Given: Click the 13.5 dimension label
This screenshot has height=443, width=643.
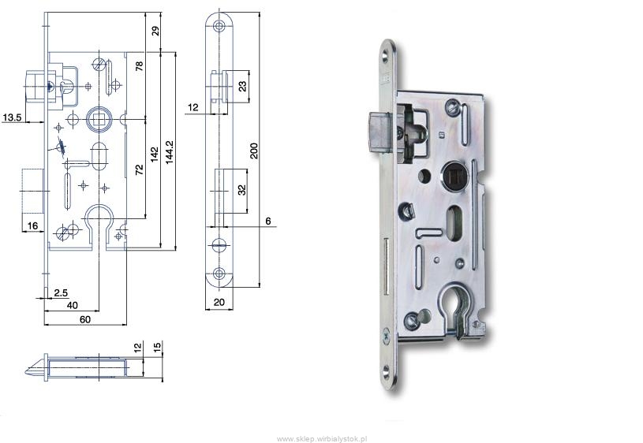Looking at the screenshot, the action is [x=12, y=117].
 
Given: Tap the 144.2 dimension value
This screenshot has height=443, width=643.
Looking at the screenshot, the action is [x=170, y=152].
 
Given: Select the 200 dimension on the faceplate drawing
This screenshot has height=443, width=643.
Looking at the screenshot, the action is [x=254, y=151].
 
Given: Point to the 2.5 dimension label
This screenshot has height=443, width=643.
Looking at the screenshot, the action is [x=61, y=292].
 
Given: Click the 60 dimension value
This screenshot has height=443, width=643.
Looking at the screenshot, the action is [x=85, y=319].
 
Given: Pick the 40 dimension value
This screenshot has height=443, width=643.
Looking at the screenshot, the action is [x=72, y=305].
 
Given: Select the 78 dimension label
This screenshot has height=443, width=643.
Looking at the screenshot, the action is [x=140, y=66].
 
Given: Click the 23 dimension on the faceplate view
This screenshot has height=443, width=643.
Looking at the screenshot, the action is [x=243, y=86].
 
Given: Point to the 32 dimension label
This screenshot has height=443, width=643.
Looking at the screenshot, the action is [x=242, y=190].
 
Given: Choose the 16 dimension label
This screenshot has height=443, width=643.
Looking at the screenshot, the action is [x=32, y=225].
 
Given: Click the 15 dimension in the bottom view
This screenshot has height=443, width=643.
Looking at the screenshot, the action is [x=157, y=348].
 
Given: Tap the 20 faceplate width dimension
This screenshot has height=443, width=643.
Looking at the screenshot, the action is [x=219, y=302].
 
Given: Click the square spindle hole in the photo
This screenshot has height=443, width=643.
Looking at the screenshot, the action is [x=452, y=177].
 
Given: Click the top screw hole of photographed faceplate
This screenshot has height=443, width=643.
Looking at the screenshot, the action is [x=386, y=55].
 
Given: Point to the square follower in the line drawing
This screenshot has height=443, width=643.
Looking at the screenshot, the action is [x=99, y=119].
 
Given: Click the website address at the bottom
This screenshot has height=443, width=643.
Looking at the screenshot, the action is [x=322, y=439].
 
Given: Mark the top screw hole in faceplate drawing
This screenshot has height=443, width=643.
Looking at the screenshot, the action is [x=219, y=27].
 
